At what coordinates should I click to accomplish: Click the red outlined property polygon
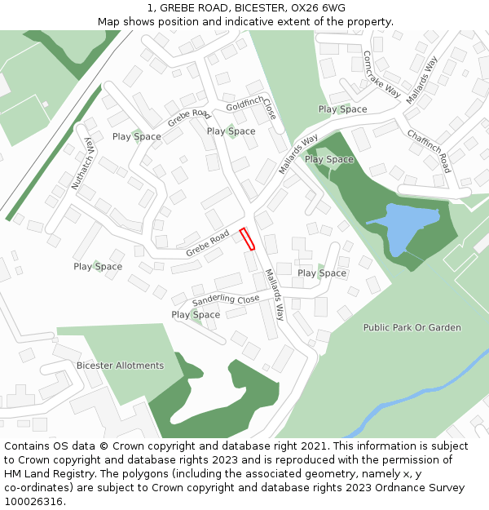pos(247,239)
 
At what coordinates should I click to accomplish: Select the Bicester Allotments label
pos(120,366)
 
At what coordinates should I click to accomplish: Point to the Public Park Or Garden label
pos(412,328)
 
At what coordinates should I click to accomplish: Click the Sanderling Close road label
pos(225,300)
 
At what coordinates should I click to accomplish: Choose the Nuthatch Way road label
pos(83,163)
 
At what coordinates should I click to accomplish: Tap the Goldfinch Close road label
pos(252,106)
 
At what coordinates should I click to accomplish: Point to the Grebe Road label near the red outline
pos(207,243)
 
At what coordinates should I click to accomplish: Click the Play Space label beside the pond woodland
pos(329,160)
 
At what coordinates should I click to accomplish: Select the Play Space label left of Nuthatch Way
pos(98,267)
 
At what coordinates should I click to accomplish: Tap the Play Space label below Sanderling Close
pos(196,315)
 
